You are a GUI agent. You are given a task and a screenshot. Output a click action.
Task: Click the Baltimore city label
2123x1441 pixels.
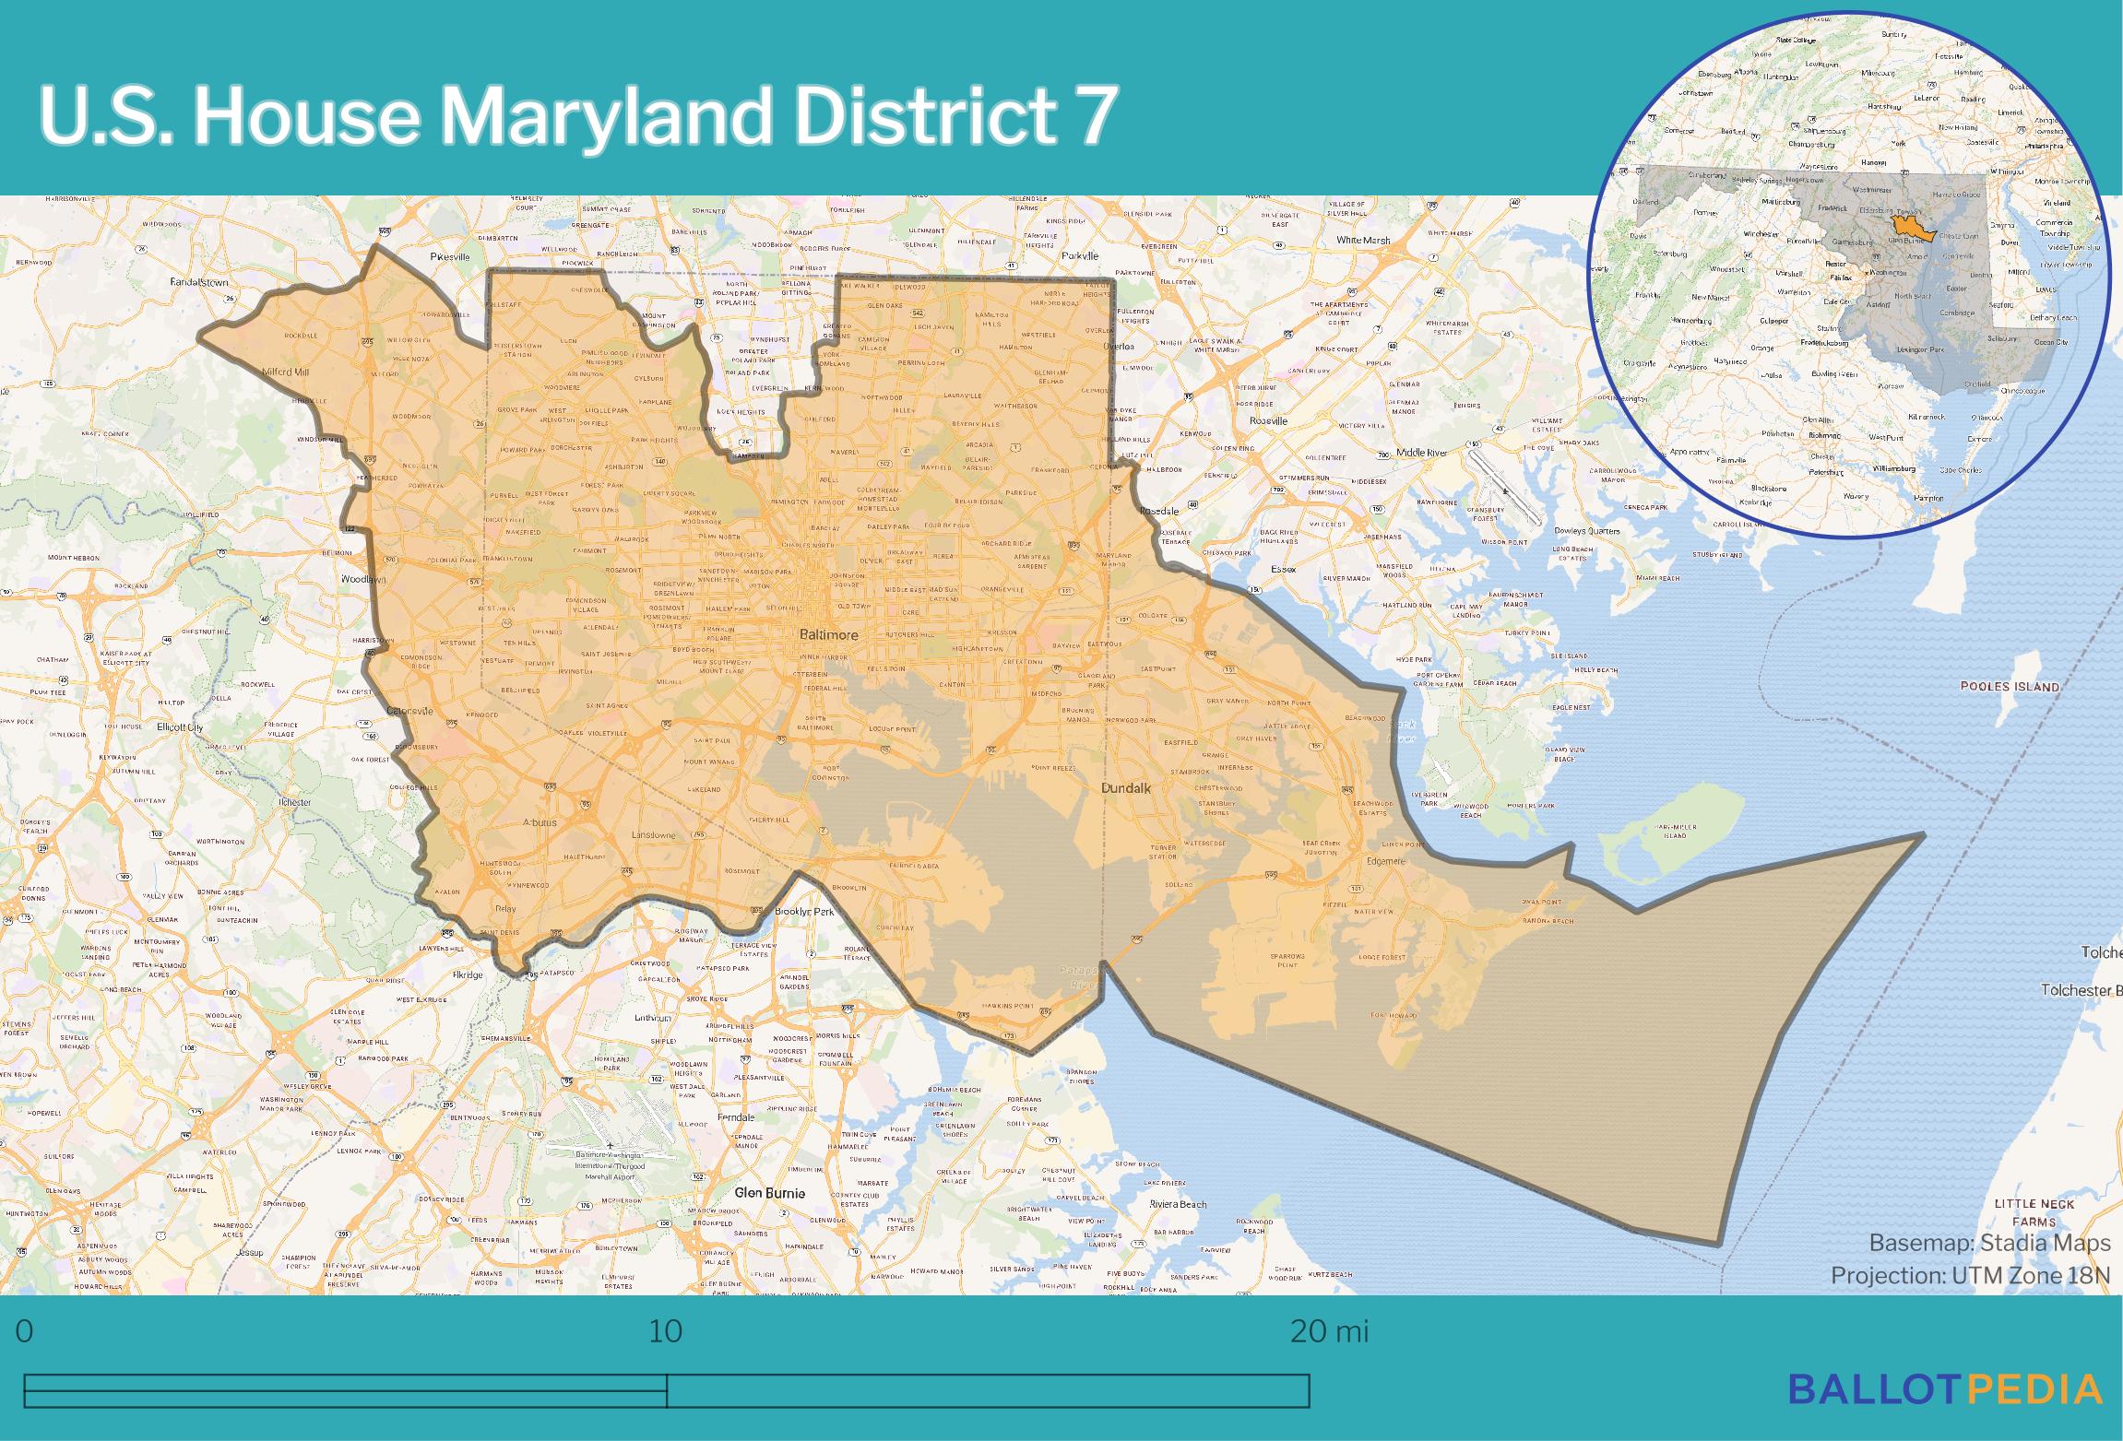(x=828, y=635)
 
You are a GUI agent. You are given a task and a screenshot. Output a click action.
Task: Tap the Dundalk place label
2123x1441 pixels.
(x=1126, y=788)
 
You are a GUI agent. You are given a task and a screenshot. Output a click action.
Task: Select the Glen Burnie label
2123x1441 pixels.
(x=769, y=1192)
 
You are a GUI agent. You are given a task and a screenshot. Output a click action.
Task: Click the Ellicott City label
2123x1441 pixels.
(x=180, y=726)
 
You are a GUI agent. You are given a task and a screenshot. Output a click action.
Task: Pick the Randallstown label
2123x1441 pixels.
(x=199, y=282)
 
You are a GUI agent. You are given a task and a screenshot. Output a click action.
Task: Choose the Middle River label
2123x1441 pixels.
(x=1421, y=453)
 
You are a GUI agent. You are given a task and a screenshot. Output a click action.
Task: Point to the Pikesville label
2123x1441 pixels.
(x=450, y=256)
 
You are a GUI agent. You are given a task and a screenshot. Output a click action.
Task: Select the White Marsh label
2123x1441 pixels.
(x=1362, y=241)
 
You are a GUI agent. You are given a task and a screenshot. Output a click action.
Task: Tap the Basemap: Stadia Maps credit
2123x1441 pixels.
(x=1989, y=1243)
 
